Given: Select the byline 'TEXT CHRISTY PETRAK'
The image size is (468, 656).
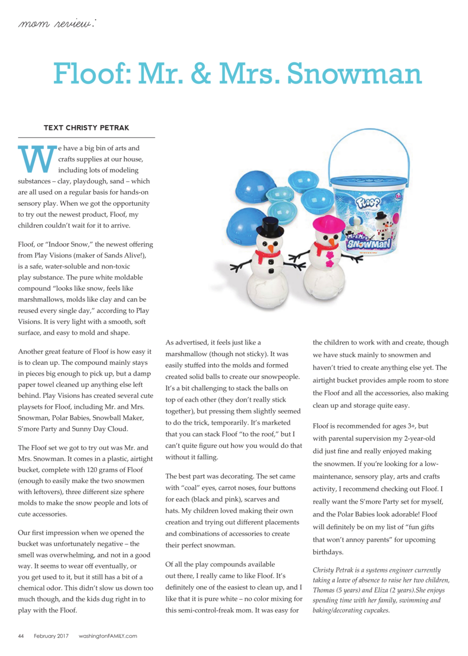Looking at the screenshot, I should [86, 128].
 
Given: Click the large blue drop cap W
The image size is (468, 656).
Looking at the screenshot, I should [37, 159].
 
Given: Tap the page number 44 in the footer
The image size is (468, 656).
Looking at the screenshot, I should [21, 636].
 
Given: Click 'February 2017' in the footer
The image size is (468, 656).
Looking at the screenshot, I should [51, 636].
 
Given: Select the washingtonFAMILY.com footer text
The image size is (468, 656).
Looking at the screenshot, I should [108, 636].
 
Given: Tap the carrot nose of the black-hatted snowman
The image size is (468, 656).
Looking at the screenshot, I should [271, 247].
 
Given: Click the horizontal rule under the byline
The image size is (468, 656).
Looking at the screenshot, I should [86, 138].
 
